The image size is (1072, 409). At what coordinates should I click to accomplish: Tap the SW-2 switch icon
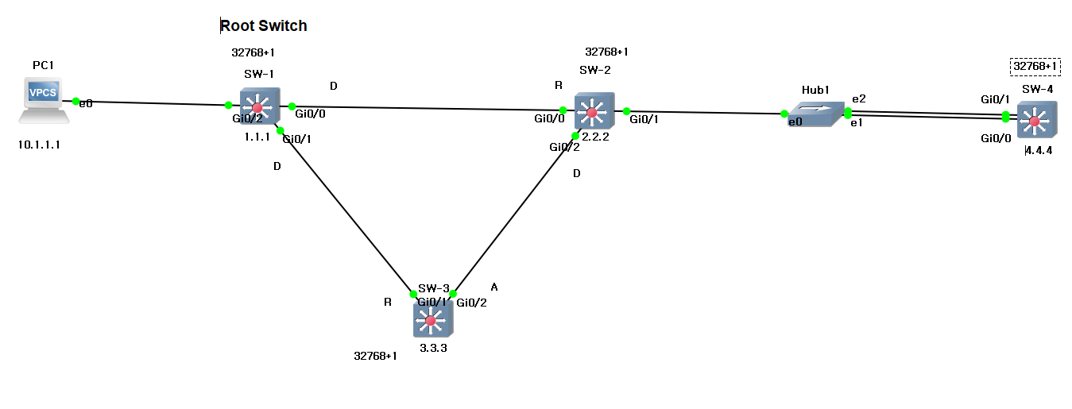pos(594,111)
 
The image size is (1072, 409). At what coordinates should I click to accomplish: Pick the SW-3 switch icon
pos(432,319)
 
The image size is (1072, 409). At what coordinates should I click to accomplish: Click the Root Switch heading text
pos(263,26)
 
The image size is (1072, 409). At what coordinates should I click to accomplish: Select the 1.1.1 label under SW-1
pos(257,137)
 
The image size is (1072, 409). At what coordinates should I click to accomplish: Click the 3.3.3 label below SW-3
pos(434,347)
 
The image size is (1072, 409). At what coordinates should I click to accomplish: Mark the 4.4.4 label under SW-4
pos(1039,151)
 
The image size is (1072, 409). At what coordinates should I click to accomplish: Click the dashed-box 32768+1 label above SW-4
pos(1035,66)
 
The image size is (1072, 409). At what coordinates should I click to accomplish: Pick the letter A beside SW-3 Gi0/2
pos(494,287)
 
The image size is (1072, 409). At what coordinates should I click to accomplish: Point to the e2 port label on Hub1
pos(859,98)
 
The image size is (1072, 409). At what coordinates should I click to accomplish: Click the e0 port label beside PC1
pos(87,103)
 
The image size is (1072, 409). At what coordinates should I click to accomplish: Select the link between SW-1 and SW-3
pos(346,211)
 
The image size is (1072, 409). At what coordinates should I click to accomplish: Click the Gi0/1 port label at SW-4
pos(995,99)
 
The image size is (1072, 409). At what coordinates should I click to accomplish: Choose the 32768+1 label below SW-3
pos(375,356)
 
